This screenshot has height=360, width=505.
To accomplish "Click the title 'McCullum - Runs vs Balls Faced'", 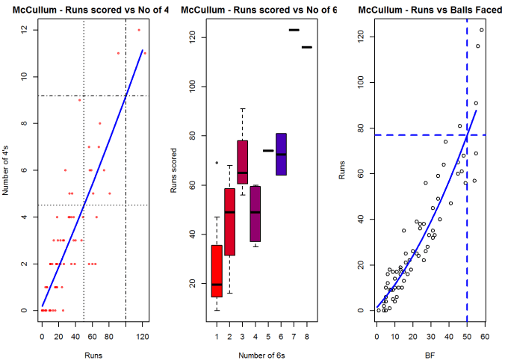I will (x=423, y=10).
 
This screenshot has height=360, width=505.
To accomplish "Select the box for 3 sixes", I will (x=243, y=161).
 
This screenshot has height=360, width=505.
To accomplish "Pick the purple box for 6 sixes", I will (x=281, y=154).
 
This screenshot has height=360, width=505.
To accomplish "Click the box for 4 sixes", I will (x=255, y=214).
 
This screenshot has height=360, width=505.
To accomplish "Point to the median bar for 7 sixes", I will (x=294, y=30).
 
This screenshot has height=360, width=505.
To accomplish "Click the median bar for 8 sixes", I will (x=307, y=47).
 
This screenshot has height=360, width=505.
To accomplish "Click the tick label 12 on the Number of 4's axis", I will (x=25, y=30).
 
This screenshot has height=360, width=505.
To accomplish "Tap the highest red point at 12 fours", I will (x=139, y=30).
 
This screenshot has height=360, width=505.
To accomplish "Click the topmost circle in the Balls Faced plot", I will (x=482, y=30).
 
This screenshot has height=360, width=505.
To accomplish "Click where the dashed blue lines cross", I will (x=468, y=135).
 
